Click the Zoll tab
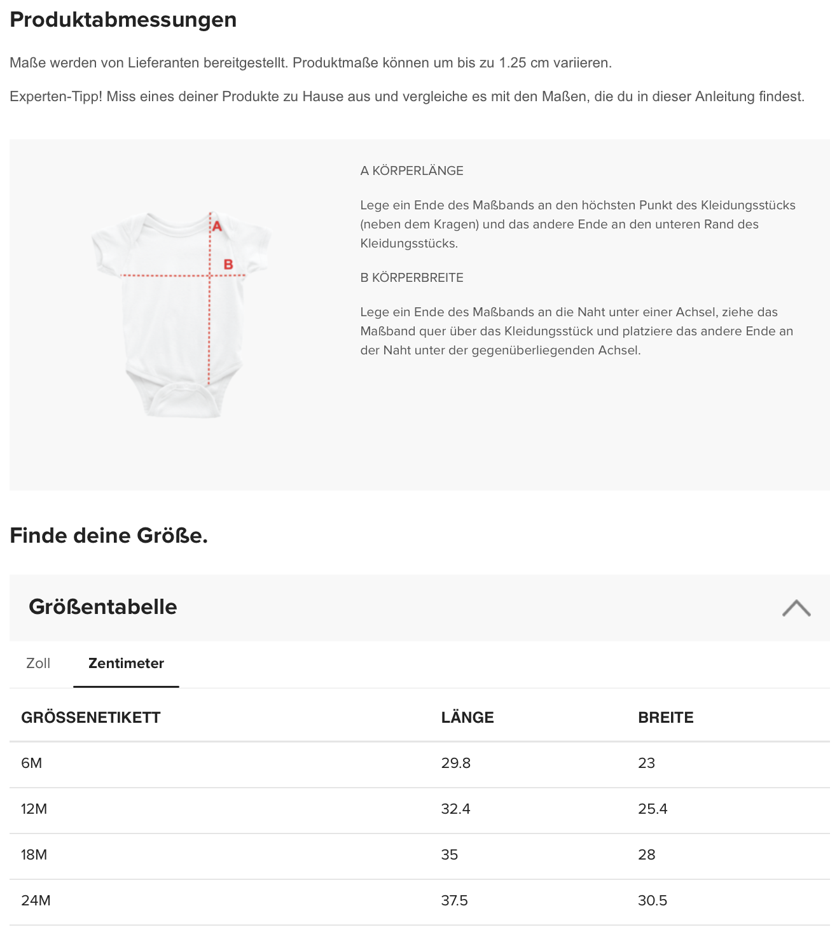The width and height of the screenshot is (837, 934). (x=38, y=663)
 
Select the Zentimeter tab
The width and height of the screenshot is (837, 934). (x=126, y=663)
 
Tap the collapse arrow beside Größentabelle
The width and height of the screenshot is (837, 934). (x=796, y=608)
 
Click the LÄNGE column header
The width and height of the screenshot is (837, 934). (x=467, y=718)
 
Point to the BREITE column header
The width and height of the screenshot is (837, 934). (x=665, y=718)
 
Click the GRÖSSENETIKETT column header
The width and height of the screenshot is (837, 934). (x=91, y=718)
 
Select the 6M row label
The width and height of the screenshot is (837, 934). (x=32, y=763)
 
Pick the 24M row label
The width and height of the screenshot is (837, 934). (x=36, y=901)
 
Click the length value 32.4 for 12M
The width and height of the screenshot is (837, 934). (x=455, y=809)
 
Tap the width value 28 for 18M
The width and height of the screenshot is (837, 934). (x=646, y=855)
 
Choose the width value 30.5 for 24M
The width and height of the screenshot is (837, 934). (x=652, y=901)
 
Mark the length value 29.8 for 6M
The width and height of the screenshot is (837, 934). (x=455, y=763)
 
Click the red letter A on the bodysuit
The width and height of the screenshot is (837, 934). (x=218, y=226)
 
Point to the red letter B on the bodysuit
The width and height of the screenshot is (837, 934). (x=228, y=265)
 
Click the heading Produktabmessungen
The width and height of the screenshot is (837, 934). (x=123, y=20)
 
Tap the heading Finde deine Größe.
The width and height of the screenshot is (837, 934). (x=109, y=536)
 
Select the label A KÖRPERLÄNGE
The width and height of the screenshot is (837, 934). (x=412, y=171)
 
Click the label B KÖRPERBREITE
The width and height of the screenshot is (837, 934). (x=412, y=277)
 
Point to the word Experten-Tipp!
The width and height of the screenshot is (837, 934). (x=56, y=97)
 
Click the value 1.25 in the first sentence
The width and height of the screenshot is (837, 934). (x=513, y=63)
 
